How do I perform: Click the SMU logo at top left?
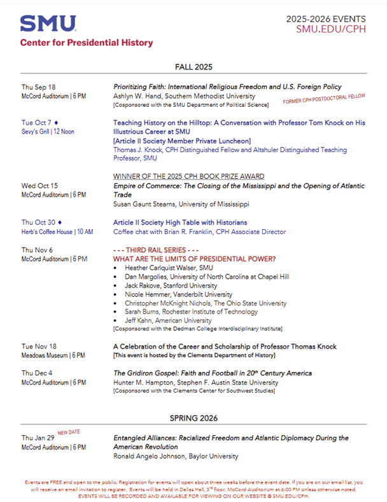(x=48, y=24)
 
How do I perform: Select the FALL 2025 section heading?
(x=193, y=67)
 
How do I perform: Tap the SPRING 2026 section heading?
(x=193, y=418)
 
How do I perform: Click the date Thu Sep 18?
(x=38, y=87)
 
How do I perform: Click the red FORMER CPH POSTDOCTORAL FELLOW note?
(x=325, y=98)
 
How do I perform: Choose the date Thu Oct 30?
(x=38, y=223)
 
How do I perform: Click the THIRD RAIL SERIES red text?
(x=157, y=250)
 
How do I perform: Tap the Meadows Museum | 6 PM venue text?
(x=53, y=355)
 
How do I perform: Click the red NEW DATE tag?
(x=69, y=433)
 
